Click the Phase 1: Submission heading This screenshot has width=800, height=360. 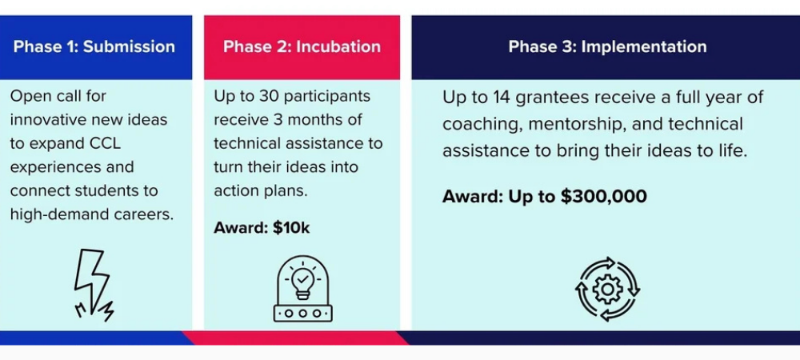94,46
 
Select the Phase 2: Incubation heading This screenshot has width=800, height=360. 302,46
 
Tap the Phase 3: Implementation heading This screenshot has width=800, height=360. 608,46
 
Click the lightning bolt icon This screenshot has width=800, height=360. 94,285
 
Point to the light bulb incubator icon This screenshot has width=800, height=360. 303,289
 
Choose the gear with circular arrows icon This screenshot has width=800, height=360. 607,289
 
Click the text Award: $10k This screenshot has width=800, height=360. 262,227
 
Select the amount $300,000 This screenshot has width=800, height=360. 603,196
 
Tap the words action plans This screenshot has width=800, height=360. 262,190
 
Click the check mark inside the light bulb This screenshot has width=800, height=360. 303,279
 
